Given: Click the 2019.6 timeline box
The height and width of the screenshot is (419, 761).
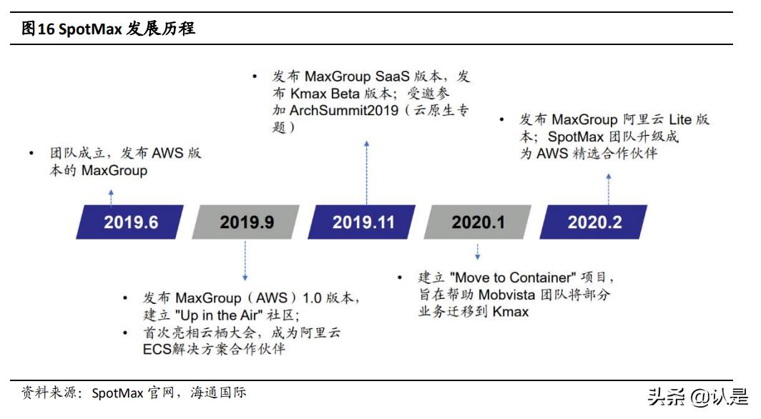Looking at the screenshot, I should click(130, 222).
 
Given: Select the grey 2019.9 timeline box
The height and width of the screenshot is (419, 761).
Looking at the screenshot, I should click(246, 222).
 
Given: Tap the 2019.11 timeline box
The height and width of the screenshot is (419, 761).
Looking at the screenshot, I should click(363, 222).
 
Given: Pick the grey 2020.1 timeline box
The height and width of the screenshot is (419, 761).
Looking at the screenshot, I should click(478, 222).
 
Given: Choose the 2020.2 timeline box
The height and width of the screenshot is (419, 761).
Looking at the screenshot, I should click(594, 222).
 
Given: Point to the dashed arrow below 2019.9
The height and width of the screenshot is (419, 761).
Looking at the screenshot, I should click(245, 260).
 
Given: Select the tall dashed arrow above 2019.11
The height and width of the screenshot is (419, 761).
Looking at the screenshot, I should click(366, 172).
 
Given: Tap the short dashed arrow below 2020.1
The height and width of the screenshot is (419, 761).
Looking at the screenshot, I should click(477, 251).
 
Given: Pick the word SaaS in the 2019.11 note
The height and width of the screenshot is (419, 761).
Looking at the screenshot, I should click(394, 77).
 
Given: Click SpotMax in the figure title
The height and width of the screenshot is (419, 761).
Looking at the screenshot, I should click(89, 29).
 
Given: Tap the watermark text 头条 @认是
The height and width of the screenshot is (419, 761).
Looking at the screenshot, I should click(697, 395).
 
